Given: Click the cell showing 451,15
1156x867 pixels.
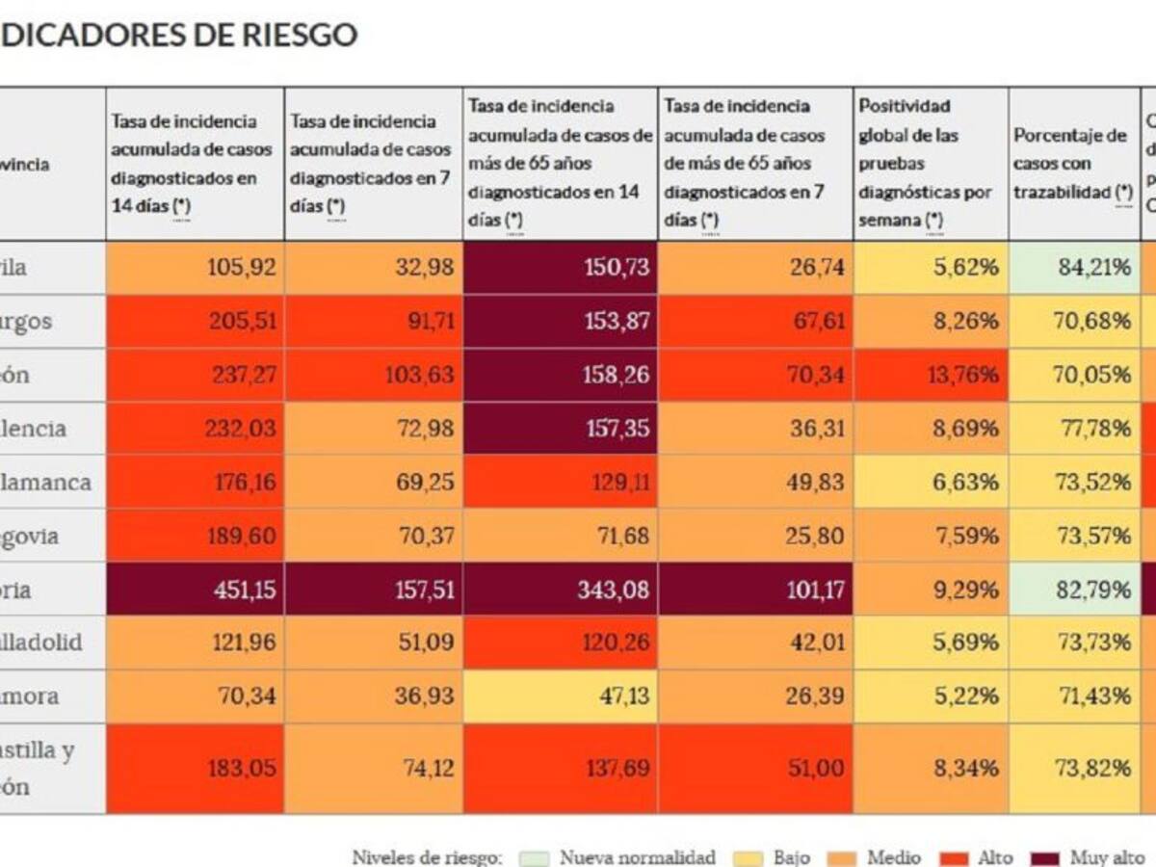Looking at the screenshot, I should click(196, 590).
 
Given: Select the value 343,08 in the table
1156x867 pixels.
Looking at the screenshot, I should click(561, 590).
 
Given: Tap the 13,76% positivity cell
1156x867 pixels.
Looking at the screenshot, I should click(930, 375).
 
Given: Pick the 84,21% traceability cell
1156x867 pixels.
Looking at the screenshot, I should click(1074, 268).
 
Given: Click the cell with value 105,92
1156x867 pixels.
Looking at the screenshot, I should click(196, 268).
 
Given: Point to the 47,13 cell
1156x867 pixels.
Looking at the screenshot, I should click(561, 696).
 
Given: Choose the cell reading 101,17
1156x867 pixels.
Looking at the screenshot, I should click(755, 590).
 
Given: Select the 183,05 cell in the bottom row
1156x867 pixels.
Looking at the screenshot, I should click(196, 768).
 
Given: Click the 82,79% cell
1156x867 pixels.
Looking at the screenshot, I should click(1074, 590).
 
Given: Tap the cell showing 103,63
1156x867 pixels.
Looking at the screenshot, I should click(374, 375).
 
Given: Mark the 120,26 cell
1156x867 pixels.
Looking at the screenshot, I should click(561, 643).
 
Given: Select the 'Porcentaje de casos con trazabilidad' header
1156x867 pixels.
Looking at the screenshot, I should click(1074, 164).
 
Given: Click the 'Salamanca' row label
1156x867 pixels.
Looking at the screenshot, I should click(48, 482).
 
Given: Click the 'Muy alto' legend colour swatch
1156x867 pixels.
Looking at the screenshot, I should click(1049, 857).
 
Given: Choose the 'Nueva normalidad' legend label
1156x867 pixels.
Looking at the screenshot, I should click(637, 857).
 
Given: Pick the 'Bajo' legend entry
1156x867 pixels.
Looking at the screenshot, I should click(790, 857).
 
